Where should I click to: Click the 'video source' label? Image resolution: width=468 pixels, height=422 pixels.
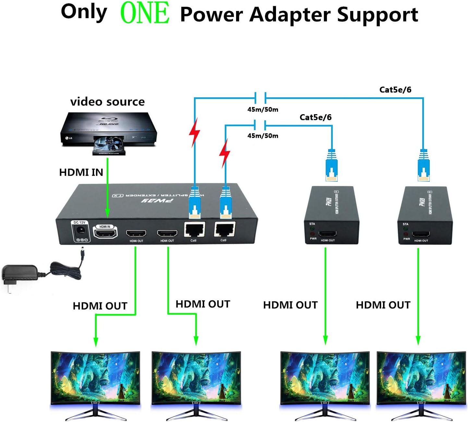pos(107,102)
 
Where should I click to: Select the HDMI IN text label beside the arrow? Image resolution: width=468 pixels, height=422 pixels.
pos(81,172)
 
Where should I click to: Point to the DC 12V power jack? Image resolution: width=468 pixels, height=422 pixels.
pos(80,231)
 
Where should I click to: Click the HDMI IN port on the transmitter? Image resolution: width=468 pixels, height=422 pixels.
pos(105,232)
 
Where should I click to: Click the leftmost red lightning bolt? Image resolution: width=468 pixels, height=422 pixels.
pos(195,132)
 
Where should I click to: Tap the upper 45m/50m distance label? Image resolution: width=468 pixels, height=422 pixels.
pos(263,110)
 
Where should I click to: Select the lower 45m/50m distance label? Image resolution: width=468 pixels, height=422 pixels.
pos(263,136)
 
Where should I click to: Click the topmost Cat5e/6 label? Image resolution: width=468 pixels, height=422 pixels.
pos(395,90)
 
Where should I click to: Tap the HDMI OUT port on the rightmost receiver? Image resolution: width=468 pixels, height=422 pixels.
pos(421,234)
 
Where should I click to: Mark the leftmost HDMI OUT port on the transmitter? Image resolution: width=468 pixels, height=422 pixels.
pos(136,233)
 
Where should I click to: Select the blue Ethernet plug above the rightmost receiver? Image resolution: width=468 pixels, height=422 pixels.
pos(424,165)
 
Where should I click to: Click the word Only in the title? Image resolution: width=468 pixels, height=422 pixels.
pos(84,12)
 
